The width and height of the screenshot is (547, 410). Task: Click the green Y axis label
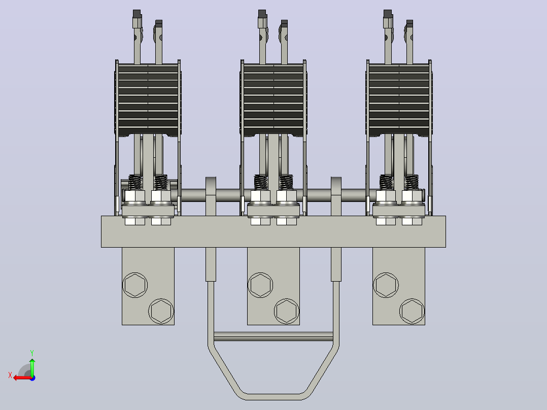click(32, 353)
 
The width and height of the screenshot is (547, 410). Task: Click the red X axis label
click(10, 375)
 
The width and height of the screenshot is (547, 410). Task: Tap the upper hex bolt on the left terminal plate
click(135, 285)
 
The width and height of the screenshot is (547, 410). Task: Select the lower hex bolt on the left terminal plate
click(161, 311)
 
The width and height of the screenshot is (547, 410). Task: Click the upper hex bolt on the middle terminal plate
click(260, 285)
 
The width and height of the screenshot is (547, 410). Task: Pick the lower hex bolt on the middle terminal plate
click(287, 311)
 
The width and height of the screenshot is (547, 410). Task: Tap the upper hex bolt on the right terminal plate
click(386, 285)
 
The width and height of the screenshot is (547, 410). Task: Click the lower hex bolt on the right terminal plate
click(412, 311)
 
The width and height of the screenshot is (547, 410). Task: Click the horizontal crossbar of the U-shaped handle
click(273, 336)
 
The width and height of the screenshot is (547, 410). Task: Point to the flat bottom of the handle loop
click(273, 397)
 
